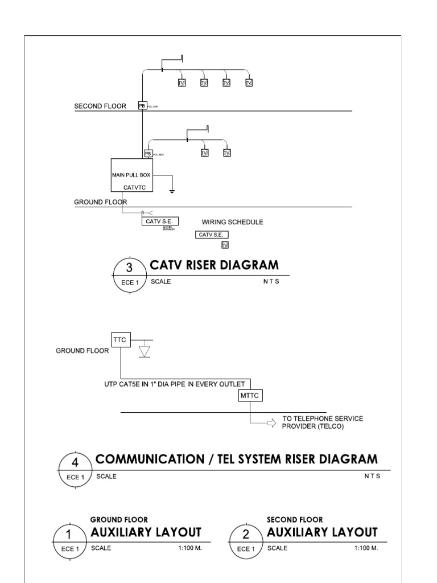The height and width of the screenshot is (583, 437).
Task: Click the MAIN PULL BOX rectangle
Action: pos(132,175)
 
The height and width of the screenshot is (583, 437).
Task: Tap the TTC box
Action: pos(121,340)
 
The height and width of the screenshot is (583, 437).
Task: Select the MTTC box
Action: pos(251,396)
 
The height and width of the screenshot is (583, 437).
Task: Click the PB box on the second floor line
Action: pos(142,105)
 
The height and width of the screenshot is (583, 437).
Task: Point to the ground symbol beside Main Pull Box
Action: pos(171,191)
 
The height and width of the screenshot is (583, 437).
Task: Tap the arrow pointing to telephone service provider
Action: pos(271,423)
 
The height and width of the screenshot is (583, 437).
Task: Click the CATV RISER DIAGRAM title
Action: pos(214,265)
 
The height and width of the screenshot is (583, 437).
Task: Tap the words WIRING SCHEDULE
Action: pos(233,222)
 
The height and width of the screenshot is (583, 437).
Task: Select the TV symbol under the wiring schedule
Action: pos(225,245)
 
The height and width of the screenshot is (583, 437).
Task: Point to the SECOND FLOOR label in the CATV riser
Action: pos(100,106)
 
